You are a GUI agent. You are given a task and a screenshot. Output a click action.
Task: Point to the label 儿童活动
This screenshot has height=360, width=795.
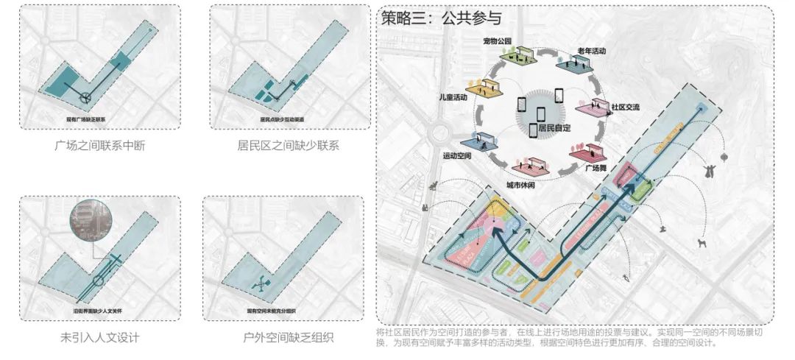452,96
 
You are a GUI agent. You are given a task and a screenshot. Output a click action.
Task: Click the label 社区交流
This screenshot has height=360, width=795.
625,107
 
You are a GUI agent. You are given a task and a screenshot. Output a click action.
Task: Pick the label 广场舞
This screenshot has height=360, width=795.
595,168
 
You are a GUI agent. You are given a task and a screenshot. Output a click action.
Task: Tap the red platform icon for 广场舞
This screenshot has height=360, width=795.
588,152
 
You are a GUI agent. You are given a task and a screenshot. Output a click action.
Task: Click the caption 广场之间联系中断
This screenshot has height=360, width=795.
100,145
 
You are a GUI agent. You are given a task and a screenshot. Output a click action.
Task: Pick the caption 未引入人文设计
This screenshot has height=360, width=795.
100,338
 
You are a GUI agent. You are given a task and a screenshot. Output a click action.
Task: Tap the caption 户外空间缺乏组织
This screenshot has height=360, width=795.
288,338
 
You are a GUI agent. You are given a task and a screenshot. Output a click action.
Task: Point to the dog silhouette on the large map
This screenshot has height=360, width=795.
703,244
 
